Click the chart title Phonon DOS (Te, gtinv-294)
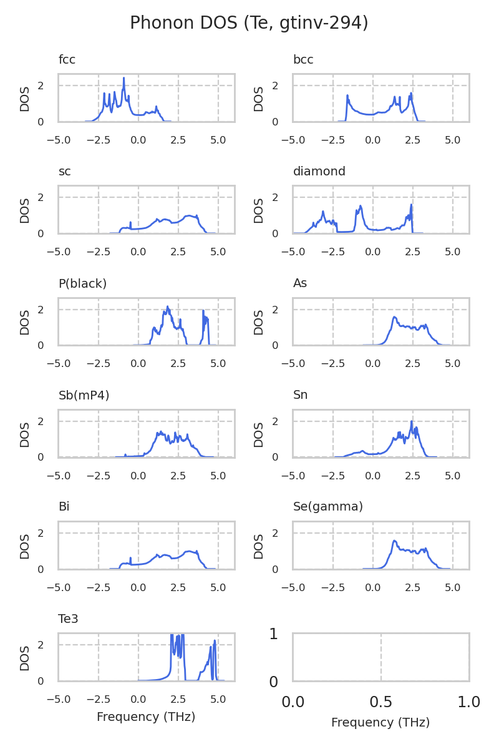(249, 23)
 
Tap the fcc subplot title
(67, 60)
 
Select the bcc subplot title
(303, 60)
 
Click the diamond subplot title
(319, 172)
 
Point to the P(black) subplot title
(82, 283)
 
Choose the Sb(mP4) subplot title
(84, 395)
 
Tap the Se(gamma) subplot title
(327, 507)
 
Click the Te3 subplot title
(68, 619)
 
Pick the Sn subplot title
(300, 395)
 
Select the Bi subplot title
(64, 507)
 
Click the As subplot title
(300, 283)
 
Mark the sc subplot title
(64, 172)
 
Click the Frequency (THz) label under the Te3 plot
(146, 717)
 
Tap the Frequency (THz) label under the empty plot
(380, 723)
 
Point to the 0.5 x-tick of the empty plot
(380, 702)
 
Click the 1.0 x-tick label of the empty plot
(468, 702)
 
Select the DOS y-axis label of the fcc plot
(25, 99)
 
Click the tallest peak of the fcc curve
(124, 78)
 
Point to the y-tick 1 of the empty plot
(273, 634)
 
